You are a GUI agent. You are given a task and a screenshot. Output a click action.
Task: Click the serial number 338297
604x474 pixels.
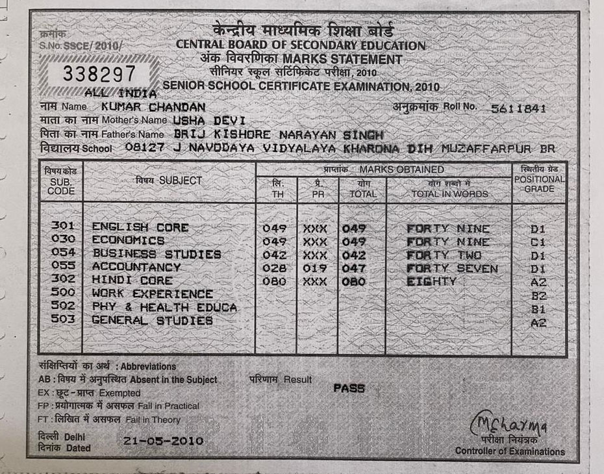pyautogui.click(x=99, y=73)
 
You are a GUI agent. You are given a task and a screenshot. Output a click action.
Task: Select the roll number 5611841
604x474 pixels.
pyautogui.click(x=519, y=108)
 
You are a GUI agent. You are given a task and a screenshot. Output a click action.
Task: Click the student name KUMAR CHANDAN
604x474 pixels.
pyautogui.click(x=154, y=106)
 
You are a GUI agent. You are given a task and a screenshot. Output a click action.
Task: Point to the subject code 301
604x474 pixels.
pyautogui.click(x=63, y=227)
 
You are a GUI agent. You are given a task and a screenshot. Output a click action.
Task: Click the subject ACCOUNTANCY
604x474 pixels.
pyautogui.click(x=136, y=267)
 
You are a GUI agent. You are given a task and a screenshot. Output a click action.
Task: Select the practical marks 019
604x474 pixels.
pyautogui.click(x=315, y=268)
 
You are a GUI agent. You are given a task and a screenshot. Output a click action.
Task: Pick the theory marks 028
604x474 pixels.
pyautogui.click(x=274, y=268)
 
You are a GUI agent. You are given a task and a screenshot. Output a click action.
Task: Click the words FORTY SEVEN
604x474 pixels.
pyautogui.click(x=452, y=268)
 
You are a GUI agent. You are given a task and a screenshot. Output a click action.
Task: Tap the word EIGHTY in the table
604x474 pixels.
pyautogui.click(x=431, y=282)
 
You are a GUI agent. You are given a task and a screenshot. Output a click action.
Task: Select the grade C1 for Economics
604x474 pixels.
pyautogui.click(x=538, y=242)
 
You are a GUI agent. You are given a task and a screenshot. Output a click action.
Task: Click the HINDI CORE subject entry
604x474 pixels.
pyautogui.click(x=132, y=281)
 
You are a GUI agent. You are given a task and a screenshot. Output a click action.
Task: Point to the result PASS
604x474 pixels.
pyautogui.click(x=349, y=388)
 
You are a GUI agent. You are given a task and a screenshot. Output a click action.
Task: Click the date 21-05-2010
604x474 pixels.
pyautogui.click(x=163, y=441)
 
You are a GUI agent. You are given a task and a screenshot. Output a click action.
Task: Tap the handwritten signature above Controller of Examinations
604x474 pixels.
pyautogui.click(x=510, y=425)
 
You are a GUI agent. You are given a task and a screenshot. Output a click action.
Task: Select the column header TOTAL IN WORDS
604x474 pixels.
pyautogui.click(x=449, y=193)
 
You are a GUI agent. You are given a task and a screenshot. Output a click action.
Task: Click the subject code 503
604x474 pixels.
pyautogui.click(x=63, y=319)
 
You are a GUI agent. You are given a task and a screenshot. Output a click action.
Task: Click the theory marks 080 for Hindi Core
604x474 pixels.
pyautogui.click(x=274, y=282)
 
